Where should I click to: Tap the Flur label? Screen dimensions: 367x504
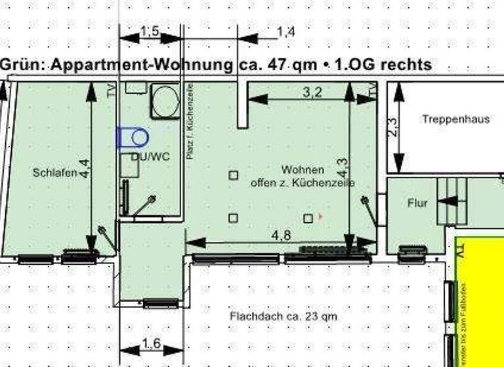click(417, 203)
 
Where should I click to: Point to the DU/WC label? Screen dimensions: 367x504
click(146, 157)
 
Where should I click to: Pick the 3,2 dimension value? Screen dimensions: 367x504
click(312, 93)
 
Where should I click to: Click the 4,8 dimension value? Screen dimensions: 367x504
click(282, 235)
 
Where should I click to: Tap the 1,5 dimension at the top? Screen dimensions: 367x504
click(150, 32)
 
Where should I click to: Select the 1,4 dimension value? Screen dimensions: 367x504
click(286, 31)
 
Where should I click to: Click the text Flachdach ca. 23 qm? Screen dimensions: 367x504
click(283, 317)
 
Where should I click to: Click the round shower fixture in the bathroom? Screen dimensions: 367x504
click(165, 101)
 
